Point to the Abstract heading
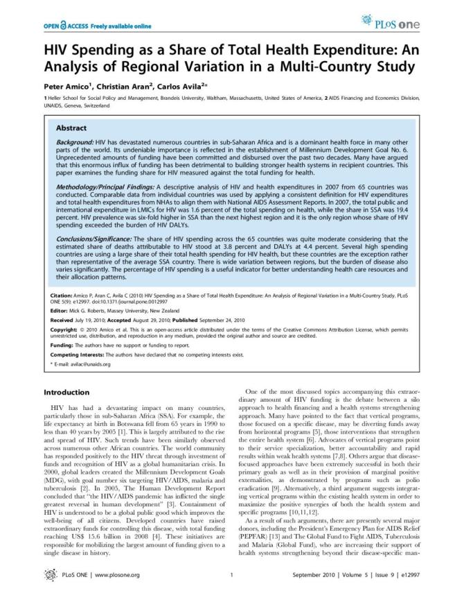(x=71, y=128)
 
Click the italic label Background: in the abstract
(x=75, y=141)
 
